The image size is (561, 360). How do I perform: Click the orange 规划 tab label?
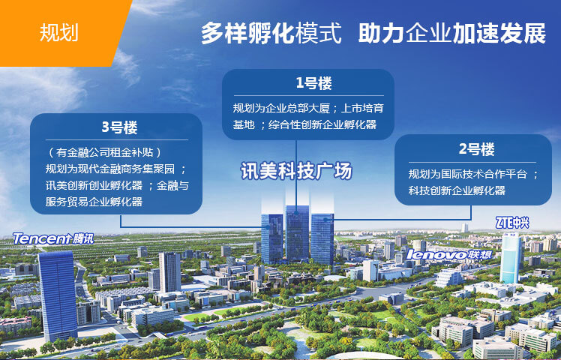click(58, 33)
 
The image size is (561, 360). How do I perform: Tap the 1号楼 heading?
click(313, 83)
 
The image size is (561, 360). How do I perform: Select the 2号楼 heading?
click(476, 149)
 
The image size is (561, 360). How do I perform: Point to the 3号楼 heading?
click(119, 127)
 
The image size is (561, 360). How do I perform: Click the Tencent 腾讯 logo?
click(53, 238)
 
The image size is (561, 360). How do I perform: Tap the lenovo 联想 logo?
click(449, 254)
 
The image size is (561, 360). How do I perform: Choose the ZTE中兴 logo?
click(512, 223)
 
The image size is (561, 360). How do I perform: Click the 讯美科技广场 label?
click(296, 171)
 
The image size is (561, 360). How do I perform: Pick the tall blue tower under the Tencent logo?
click(57, 295)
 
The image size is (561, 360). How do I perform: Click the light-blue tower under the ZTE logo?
click(511, 258)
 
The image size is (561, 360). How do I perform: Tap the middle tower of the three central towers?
click(297, 233)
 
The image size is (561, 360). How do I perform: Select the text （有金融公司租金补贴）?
click(104, 152)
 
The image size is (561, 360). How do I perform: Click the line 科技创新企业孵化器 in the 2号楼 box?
click(457, 190)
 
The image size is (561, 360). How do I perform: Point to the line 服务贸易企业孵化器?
click(94, 202)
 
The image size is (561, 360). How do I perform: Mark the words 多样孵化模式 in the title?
click(271, 33)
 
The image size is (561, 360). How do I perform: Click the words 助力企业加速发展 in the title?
click(452, 33)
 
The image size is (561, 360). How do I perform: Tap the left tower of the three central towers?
click(272, 238)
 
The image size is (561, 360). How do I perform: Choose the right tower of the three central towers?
click(322, 238)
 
